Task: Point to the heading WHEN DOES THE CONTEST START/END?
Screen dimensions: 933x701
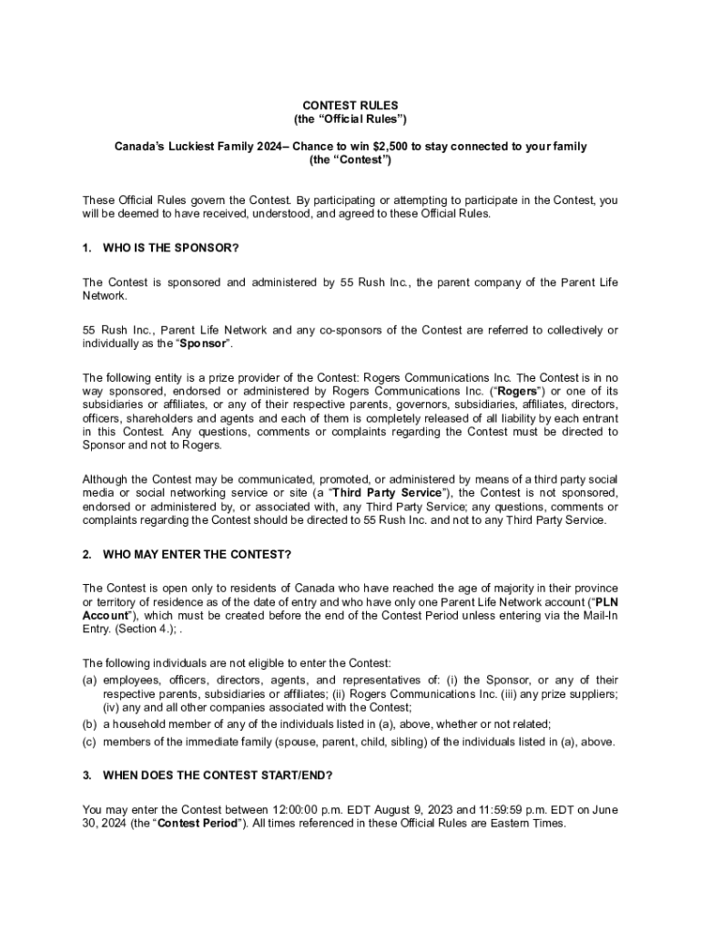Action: click(218, 775)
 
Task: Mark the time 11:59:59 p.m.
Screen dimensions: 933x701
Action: click(501, 809)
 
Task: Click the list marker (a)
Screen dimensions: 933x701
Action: click(90, 680)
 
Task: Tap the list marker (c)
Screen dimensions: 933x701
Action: click(90, 741)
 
